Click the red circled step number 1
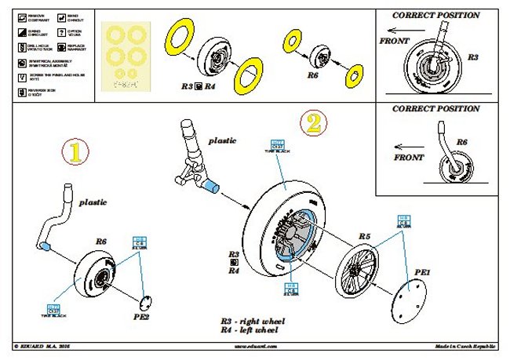point(75,155)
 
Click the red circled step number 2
point(312,122)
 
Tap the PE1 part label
point(423,271)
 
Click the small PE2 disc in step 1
point(145,303)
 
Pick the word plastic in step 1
point(92,202)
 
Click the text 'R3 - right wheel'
point(253,322)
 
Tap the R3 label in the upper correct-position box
point(474,58)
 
